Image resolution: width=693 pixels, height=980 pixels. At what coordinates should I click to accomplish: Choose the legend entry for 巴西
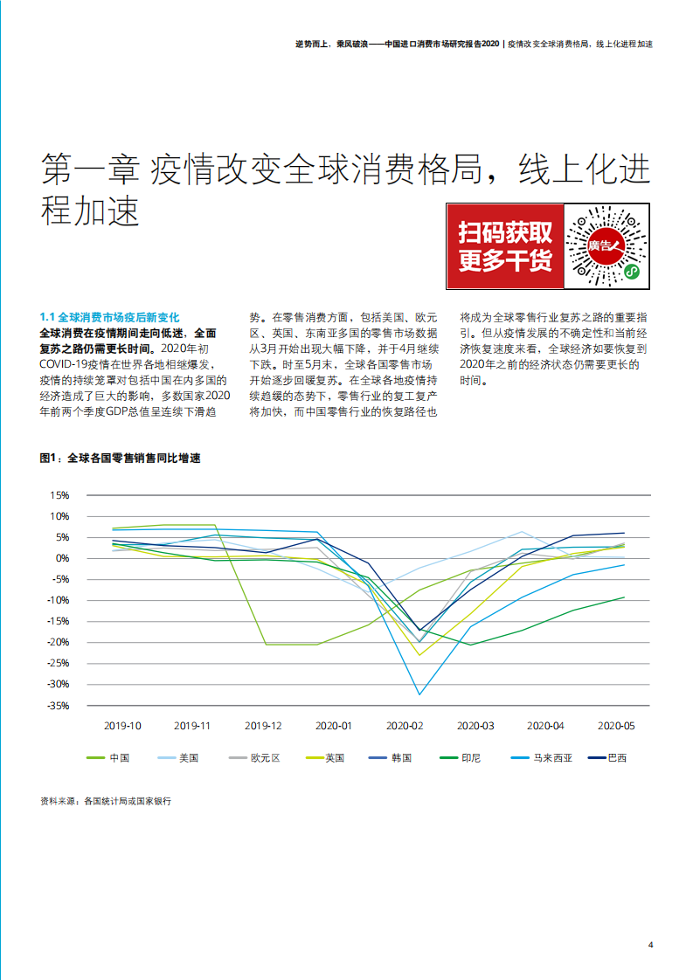pos(617,758)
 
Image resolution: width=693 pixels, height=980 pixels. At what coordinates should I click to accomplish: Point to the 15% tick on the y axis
pos(59,495)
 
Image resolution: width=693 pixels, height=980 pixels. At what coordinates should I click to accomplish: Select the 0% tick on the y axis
pos(62,558)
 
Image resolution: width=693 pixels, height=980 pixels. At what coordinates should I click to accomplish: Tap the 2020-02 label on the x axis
pos(405,726)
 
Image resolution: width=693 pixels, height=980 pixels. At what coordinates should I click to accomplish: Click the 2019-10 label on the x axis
pos(122,726)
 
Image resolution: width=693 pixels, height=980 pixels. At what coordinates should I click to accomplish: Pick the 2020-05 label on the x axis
pos(616,726)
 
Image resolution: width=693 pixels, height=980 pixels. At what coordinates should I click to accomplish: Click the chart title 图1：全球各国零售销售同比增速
pos(120,459)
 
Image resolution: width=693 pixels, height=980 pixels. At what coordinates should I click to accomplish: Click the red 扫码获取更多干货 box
pos(505,247)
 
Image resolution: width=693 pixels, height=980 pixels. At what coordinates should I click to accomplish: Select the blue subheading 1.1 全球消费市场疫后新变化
pos(109,318)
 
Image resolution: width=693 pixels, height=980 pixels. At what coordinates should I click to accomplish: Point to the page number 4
pos(650,943)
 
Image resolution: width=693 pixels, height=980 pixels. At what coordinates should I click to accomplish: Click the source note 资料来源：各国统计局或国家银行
pos(106,799)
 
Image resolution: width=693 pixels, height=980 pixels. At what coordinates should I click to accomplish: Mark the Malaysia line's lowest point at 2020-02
pos(419,694)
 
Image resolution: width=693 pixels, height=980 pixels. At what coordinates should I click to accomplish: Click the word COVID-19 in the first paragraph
pos(69,364)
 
